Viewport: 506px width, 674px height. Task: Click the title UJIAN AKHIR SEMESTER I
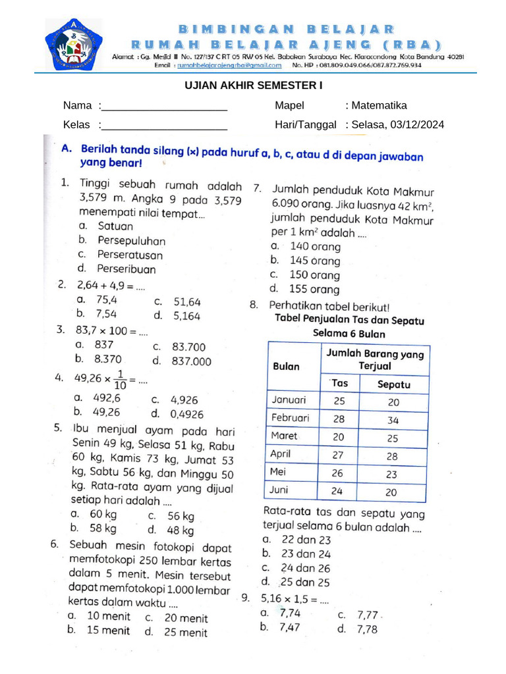click(252, 86)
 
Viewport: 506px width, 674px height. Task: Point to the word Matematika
click(379, 105)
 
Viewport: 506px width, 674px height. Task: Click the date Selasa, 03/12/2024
click(397, 124)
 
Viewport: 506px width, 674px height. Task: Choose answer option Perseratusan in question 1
click(130, 255)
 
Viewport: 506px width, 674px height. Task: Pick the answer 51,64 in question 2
click(187, 302)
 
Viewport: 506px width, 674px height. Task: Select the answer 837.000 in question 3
click(192, 361)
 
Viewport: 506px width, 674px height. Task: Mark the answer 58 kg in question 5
click(103, 528)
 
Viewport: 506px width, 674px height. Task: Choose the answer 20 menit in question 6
click(186, 618)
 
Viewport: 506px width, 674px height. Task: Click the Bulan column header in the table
click(286, 367)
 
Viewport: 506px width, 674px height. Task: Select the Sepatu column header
click(393, 384)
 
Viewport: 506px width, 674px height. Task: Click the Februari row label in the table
click(290, 418)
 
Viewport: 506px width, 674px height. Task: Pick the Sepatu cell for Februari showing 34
click(393, 420)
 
